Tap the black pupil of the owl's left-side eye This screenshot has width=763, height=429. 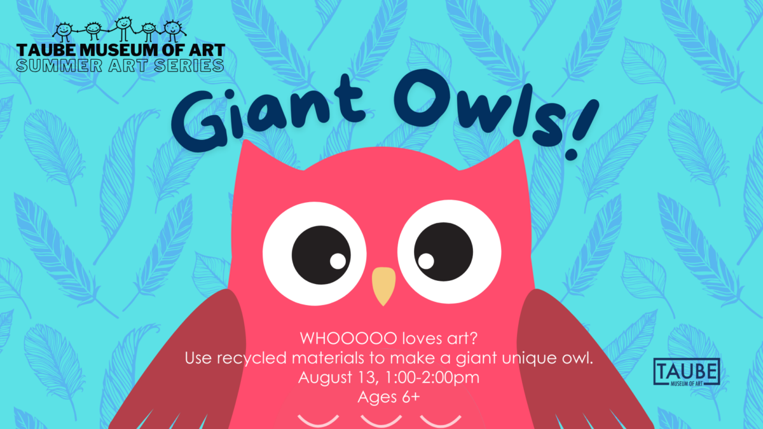pyautogui.click(x=321, y=255)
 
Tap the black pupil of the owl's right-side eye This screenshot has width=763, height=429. pyautogui.click(x=444, y=252)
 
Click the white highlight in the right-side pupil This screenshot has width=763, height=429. pyautogui.click(x=426, y=261)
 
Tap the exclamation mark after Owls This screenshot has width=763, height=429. pyautogui.click(x=581, y=130)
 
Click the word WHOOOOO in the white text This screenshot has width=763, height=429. pyautogui.click(x=348, y=338)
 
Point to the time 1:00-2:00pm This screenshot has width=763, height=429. pyautogui.click(x=432, y=378)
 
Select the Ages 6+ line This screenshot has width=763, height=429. pyautogui.click(x=388, y=397)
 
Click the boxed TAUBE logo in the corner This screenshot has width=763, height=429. pyautogui.click(x=687, y=372)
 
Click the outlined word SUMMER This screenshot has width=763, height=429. pyautogui.click(x=59, y=65)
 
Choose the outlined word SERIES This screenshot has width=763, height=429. pyautogui.click(x=189, y=65)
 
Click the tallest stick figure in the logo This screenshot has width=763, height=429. pyautogui.click(x=123, y=29)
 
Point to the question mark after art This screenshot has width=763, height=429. pyautogui.click(x=474, y=338)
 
